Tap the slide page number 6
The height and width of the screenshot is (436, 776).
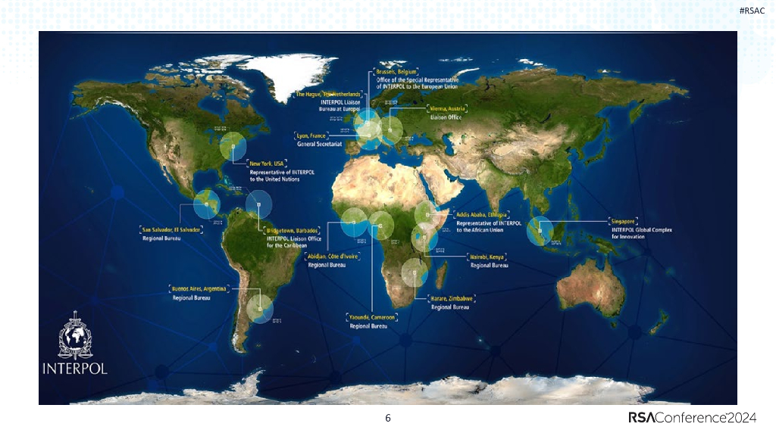click(x=388, y=419)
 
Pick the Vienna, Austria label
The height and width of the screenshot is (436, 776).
click(x=447, y=109)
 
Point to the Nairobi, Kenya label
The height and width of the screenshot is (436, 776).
click(x=488, y=257)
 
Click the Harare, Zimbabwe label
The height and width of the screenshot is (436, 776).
click(x=452, y=299)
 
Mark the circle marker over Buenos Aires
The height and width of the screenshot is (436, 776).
click(x=260, y=308)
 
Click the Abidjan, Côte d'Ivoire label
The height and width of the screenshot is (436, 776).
click(x=332, y=257)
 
